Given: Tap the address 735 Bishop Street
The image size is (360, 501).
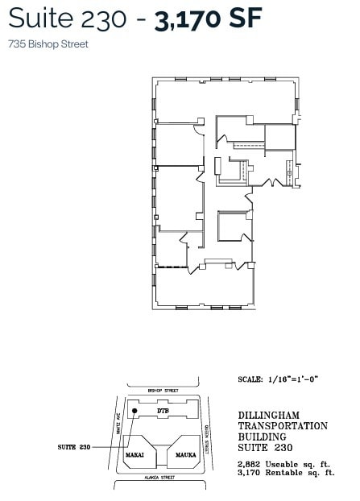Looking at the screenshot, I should [48, 44].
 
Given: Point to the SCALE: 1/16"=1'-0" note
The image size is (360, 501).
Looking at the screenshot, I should [279, 379].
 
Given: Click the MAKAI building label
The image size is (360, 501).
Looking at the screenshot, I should [134, 455].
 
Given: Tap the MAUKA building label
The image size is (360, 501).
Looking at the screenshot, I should [187, 455].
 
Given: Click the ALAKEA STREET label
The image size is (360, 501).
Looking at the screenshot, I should [160, 478].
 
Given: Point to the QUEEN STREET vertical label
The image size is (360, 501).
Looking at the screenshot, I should [208, 441].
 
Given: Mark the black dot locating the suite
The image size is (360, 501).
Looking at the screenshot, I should [135, 410].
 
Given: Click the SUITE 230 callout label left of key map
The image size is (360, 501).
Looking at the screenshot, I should [73, 446].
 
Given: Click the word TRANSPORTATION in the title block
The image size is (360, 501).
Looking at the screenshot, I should [283, 426].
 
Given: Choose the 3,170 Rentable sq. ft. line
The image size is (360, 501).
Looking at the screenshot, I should [286, 473].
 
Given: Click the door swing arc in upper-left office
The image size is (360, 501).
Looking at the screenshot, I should [198, 127].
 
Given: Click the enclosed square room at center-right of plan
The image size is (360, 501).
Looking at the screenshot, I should [234, 226].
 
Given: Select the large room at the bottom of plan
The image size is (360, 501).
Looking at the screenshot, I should [203, 288].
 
